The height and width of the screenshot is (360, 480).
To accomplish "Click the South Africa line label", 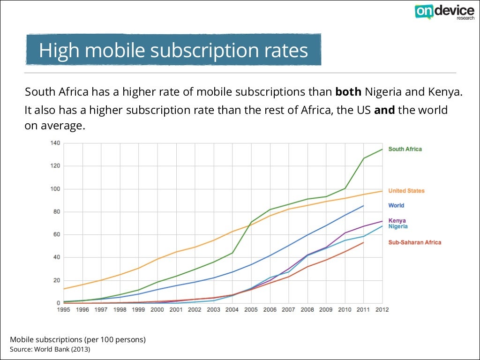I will (x=405, y=149).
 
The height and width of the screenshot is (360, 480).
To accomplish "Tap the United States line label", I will (x=406, y=191).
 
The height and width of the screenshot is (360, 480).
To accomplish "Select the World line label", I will (x=396, y=205).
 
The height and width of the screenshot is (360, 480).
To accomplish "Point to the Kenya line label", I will (x=397, y=220).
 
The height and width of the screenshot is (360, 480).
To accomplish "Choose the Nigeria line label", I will (x=398, y=226).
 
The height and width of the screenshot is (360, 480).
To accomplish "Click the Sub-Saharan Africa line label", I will (x=415, y=242).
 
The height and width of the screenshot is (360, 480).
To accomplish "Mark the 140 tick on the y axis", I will (x=55, y=143).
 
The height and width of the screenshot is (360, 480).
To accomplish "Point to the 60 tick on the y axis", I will (x=57, y=234).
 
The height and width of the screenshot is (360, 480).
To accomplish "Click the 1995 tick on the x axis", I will (x=64, y=309).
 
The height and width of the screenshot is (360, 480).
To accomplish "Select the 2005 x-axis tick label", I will (x=251, y=309).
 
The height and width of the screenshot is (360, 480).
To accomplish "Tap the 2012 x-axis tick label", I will (x=382, y=309).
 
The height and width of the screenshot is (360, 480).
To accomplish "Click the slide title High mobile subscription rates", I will (x=173, y=50).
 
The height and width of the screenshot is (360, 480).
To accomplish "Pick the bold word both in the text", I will (x=348, y=91).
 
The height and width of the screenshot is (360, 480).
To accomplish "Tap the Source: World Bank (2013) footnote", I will (x=50, y=350).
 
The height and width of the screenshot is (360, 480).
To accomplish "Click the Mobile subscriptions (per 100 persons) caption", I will (x=78, y=339).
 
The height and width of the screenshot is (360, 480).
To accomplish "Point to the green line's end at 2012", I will (x=382, y=149).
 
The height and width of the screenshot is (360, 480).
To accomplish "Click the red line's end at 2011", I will (x=363, y=242).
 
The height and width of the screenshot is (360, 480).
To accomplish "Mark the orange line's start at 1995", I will (x=64, y=289).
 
